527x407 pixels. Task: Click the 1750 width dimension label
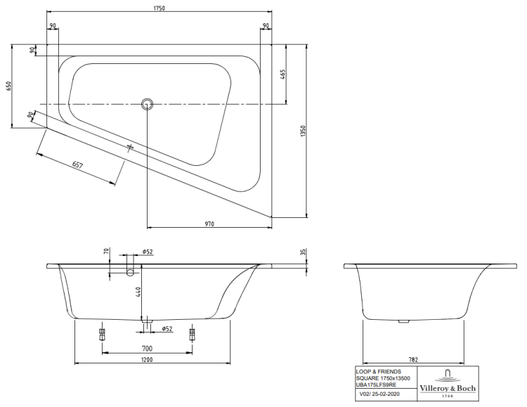click(160, 8)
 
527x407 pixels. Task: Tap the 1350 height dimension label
click(303, 131)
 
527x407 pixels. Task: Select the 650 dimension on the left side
click(8, 86)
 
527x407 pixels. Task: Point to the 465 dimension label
click(282, 74)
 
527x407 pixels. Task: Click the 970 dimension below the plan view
click(209, 224)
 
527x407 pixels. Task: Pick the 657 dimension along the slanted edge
click(77, 164)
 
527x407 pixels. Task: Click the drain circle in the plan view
click(147, 104)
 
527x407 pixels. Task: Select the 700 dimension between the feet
click(148, 349)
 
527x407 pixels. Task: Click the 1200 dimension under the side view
click(147, 360)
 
